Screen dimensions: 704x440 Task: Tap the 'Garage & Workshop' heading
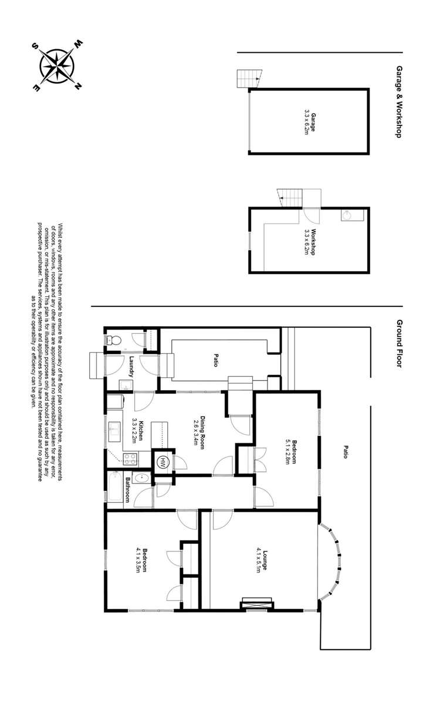(398, 101)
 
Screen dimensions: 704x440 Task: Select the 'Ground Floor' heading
(398, 343)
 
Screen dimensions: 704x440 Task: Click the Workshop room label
(310, 241)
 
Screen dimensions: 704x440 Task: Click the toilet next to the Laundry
(113, 339)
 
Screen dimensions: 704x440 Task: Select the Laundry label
(133, 366)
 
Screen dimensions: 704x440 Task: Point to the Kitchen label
(138, 429)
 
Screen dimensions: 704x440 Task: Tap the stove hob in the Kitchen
(131, 459)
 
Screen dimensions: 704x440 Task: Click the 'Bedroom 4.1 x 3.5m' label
(139, 560)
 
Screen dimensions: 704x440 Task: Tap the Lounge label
(262, 560)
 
